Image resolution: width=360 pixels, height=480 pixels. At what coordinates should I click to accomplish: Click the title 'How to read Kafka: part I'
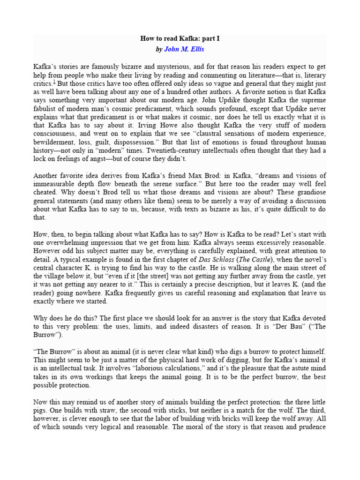tap(180, 38)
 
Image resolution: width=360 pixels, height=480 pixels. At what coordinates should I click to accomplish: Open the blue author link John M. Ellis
tap(184, 49)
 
